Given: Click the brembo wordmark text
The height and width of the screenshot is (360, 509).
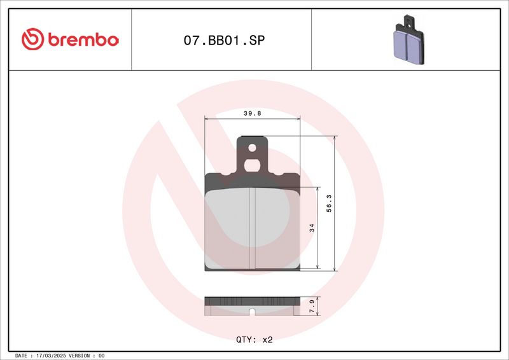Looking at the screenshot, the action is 83,39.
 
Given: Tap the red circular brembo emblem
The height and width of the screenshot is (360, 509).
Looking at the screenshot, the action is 32,39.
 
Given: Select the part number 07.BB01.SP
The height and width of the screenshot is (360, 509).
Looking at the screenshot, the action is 225,40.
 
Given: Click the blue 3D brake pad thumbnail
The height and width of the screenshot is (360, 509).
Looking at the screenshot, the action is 408,39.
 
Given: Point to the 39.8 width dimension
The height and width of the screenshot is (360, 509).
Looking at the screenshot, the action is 252,113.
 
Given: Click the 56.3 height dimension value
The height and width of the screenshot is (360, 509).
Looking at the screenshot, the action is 329,204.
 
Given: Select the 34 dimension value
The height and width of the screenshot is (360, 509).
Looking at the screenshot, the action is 312,228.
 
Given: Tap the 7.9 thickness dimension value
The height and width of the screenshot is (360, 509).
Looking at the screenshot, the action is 312,306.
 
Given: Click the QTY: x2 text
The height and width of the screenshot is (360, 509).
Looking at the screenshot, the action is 254,340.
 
